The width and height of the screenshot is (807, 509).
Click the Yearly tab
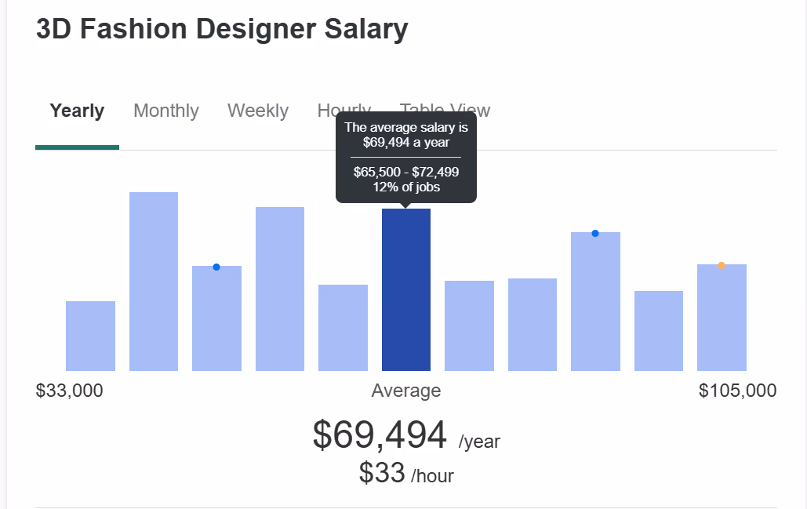[x=77, y=111]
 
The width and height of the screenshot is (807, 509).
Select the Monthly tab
[x=166, y=111]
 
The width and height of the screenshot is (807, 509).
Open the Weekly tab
[x=258, y=111]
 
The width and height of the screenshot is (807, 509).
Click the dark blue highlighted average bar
[x=406, y=290]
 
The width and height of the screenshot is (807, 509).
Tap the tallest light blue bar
[x=154, y=282]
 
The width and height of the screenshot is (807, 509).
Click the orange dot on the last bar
[x=722, y=265]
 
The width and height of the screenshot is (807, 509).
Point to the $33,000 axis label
[x=69, y=391]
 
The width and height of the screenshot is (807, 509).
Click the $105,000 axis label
[x=737, y=391]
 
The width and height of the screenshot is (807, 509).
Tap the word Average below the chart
[x=406, y=391]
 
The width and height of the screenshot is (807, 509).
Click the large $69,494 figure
[x=380, y=435]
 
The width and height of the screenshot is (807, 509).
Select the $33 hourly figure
[x=382, y=472]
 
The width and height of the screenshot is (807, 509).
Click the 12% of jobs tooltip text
[x=406, y=187]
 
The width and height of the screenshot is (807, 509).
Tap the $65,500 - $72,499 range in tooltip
[x=406, y=172]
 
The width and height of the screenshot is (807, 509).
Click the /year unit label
[x=479, y=442]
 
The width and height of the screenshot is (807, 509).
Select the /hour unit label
[x=432, y=476]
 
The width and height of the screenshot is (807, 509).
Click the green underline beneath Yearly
[x=77, y=147]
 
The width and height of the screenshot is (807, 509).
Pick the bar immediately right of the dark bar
[x=469, y=325]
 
